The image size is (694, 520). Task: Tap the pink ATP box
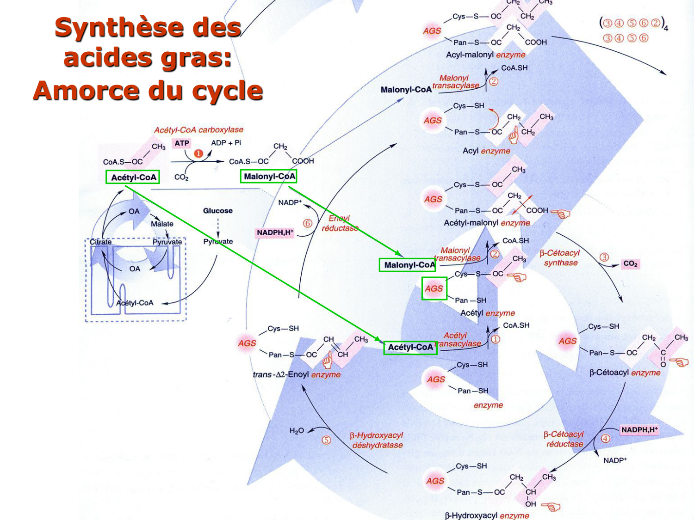tap(181, 143)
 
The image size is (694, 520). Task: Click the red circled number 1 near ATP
tap(198, 153)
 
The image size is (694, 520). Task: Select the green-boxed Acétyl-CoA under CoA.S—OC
tap(133, 177)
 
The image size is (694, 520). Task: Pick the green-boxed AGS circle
tap(434, 288)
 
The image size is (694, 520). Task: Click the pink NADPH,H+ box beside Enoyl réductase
tap(275, 232)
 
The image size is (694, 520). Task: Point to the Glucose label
tap(217, 211)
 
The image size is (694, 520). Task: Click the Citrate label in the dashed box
tap(100, 242)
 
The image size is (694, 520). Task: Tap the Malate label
tap(162, 224)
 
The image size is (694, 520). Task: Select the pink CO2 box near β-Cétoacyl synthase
tap(630, 264)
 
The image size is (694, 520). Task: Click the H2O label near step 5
tap(297, 431)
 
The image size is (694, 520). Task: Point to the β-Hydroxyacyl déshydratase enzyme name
tap(377, 440)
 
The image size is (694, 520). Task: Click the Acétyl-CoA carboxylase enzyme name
tap(198, 130)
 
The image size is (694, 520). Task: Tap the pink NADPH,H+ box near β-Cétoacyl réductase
tap(639, 430)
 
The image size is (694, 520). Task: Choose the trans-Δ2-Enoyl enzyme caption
tap(296, 374)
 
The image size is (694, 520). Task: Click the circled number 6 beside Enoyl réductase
tap(308, 223)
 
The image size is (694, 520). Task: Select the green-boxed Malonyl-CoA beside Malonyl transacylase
tap(409, 265)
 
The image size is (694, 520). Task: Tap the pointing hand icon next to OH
tap(551, 507)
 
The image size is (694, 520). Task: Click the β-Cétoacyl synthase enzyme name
tap(560, 258)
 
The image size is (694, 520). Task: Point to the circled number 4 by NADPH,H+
tap(605, 438)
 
